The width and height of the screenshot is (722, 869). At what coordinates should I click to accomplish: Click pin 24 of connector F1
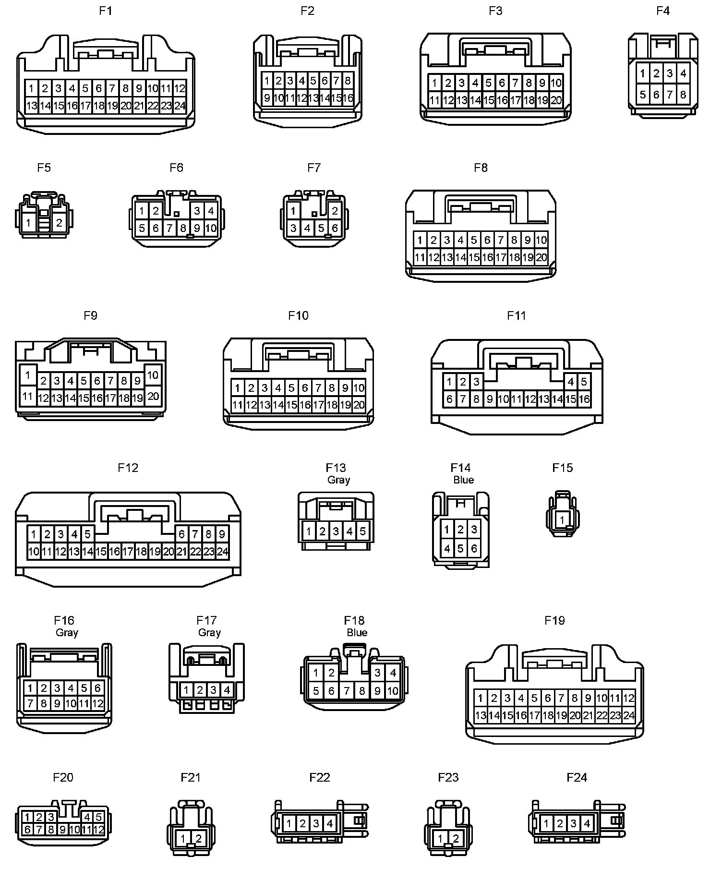tap(180, 106)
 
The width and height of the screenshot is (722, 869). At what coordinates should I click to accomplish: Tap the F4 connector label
tap(663, 11)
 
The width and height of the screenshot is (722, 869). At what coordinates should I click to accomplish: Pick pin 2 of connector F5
tap(59, 223)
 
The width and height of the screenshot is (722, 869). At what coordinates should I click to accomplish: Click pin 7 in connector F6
tap(169, 229)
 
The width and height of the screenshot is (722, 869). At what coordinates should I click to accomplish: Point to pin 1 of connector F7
tap(293, 211)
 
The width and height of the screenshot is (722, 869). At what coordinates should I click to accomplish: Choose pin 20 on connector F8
tap(541, 257)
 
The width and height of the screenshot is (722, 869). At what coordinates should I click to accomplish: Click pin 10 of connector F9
tap(153, 375)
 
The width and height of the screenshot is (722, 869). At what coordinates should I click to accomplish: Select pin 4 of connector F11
tap(571, 382)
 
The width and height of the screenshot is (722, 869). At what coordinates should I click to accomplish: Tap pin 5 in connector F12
tap(87, 534)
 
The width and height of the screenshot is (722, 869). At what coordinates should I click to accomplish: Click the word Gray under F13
tap(338, 480)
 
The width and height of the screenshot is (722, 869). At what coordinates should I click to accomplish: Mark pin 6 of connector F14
tap(474, 548)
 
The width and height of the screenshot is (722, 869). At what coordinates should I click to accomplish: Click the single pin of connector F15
tap(562, 520)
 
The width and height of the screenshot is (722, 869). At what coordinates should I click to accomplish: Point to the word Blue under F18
tap(357, 633)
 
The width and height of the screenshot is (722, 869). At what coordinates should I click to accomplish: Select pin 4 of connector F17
tap(227, 690)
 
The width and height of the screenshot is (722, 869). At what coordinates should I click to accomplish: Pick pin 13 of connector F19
tap(481, 715)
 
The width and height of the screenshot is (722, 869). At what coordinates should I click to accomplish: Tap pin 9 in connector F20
tap(63, 829)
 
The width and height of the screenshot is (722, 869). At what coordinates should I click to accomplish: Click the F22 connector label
tap(320, 777)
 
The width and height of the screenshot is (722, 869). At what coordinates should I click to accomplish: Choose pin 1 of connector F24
tap(546, 824)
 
